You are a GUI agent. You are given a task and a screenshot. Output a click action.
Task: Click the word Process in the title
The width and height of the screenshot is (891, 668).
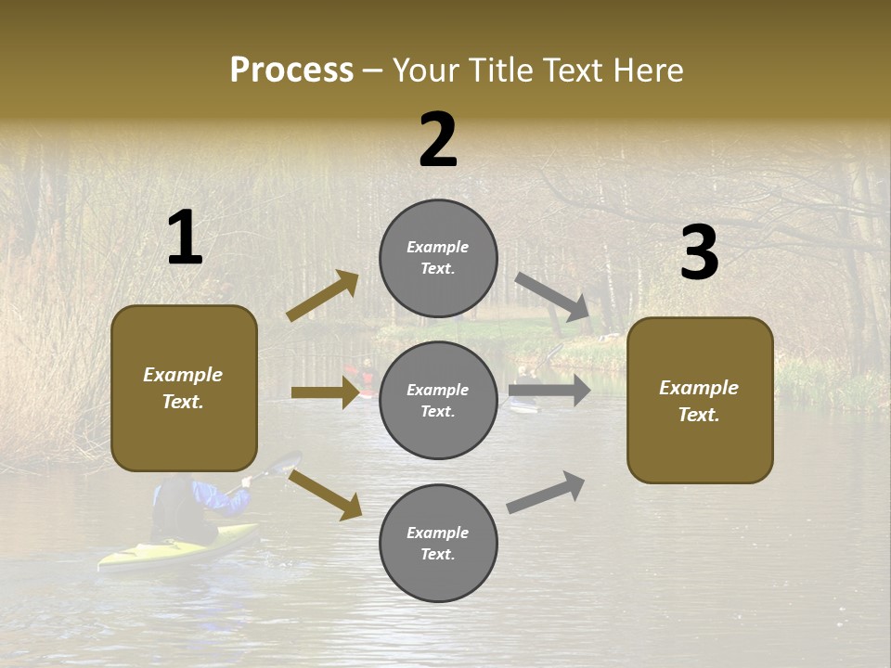click(291, 70)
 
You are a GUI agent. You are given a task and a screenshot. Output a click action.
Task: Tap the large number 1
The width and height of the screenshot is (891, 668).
click(185, 238)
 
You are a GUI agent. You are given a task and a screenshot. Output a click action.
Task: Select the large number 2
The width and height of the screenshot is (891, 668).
click(438, 140)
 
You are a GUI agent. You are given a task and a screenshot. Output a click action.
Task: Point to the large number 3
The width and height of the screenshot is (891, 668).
click(699, 253)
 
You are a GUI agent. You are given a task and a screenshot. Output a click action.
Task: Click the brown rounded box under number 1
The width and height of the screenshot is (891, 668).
click(184, 388)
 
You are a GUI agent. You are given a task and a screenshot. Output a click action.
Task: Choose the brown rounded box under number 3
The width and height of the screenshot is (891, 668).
click(700, 400)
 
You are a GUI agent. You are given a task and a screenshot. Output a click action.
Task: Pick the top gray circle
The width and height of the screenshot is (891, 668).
click(438, 258)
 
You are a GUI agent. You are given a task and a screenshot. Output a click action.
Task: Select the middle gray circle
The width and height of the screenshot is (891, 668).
click(438, 400)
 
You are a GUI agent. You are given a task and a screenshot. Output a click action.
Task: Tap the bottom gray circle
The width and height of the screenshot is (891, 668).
click(438, 543)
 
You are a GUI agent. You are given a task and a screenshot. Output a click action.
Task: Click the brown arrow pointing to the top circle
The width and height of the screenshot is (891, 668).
click(322, 296)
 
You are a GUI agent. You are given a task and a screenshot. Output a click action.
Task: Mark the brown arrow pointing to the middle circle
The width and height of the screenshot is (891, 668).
click(325, 392)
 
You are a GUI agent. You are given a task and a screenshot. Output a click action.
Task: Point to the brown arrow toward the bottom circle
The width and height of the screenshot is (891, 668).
click(325, 495)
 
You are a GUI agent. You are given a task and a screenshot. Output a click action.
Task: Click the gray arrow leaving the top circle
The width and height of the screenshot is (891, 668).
click(553, 297)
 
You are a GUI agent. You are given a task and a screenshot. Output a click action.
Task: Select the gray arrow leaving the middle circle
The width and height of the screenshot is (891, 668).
click(549, 391)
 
